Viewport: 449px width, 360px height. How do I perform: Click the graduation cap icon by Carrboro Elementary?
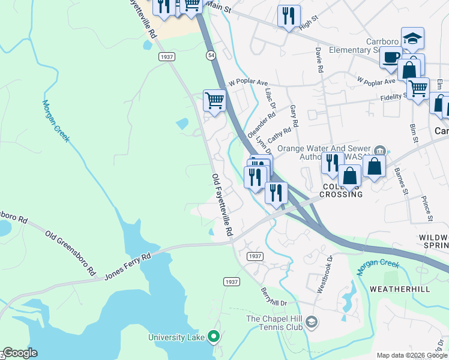(412, 38)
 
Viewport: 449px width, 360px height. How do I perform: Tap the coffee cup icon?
(391, 58)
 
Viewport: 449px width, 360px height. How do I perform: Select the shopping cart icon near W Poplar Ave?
(214, 100)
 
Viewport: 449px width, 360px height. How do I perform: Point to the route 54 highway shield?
(211, 55)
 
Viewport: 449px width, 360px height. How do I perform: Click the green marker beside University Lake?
(213, 337)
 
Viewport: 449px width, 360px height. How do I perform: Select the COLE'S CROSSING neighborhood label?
(342, 190)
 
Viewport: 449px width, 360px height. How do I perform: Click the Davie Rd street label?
(319, 61)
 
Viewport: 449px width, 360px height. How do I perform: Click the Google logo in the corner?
(20, 353)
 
